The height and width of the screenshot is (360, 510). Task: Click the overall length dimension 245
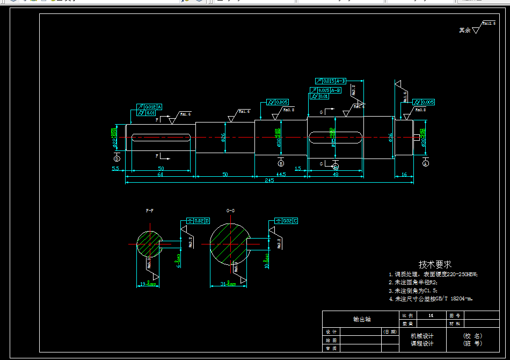pyautogui.click(x=269, y=181)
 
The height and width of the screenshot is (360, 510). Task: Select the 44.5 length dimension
pyautogui.click(x=280, y=175)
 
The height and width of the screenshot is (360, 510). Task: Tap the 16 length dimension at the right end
pyautogui.click(x=404, y=175)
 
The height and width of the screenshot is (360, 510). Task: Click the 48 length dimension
pyautogui.click(x=336, y=175)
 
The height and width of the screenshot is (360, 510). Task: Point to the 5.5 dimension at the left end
pyautogui.click(x=115, y=169)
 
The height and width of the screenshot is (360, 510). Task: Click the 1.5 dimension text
pyautogui.click(x=298, y=169)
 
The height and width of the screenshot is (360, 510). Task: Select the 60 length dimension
pyautogui.click(x=160, y=175)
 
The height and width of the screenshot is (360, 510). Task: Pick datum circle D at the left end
pyautogui.click(x=117, y=159)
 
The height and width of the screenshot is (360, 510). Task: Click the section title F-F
pyautogui.click(x=149, y=211)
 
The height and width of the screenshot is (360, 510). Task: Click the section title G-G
pyautogui.click(x=230, y=211)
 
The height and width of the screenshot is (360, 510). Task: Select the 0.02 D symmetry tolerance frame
pyautogui.click(x=198, y=221)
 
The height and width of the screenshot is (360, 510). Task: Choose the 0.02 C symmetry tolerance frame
pyautogui.click(x=286, y=221)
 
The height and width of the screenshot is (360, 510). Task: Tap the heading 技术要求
pyautogui.click(x=435, y=264)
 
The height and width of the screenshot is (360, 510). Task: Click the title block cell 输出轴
pyautogui.click(x=361, y=319)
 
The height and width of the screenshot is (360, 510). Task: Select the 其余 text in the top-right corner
pyautogui.click(x=464, y=31)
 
